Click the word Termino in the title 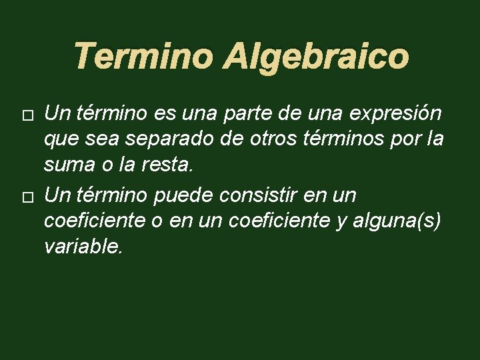click(x=143, y=56)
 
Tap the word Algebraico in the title click(x=315, y=57)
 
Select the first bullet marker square click(x=27, y=116)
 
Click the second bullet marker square click(x=27, y=197)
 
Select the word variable click(x=83, y=247)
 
